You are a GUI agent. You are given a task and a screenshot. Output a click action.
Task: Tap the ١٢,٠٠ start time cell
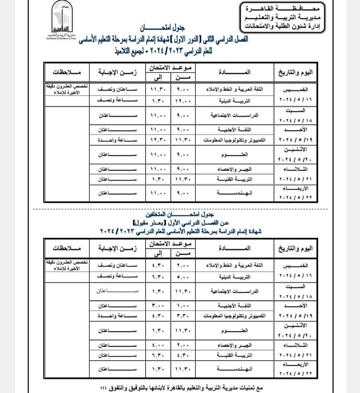pos(183,101)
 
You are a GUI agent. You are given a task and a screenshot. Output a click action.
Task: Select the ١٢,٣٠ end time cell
pos(158,140)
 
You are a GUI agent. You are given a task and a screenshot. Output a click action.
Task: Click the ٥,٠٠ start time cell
pos(183,277)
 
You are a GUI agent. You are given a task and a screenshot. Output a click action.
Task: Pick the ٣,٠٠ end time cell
pos(158,306)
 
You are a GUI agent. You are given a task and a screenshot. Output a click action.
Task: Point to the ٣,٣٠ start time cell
pos(183,316)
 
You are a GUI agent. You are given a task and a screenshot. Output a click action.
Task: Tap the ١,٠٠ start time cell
pos(183,306)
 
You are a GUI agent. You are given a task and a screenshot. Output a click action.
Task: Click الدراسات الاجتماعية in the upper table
pos(235,115)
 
